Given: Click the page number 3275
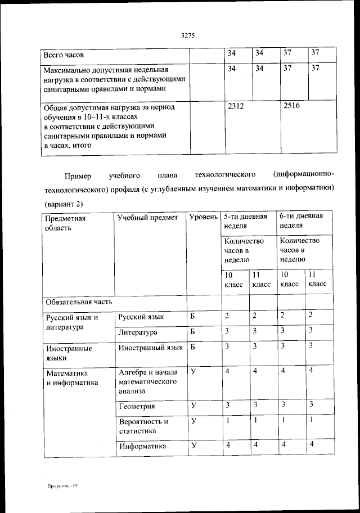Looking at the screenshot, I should coord(188,36).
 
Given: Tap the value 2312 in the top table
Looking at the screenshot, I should coord(235,106).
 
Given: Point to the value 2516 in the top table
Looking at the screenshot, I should coord(292,106).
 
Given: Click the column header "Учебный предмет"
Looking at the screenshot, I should coord(147,218).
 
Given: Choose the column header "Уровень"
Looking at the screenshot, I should coord(203,218).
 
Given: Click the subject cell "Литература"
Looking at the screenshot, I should coord(138,332).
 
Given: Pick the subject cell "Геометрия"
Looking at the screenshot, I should coord(137,406).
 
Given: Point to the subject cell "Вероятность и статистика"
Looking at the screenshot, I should coord(143,426).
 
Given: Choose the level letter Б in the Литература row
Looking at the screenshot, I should coord(192,331).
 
